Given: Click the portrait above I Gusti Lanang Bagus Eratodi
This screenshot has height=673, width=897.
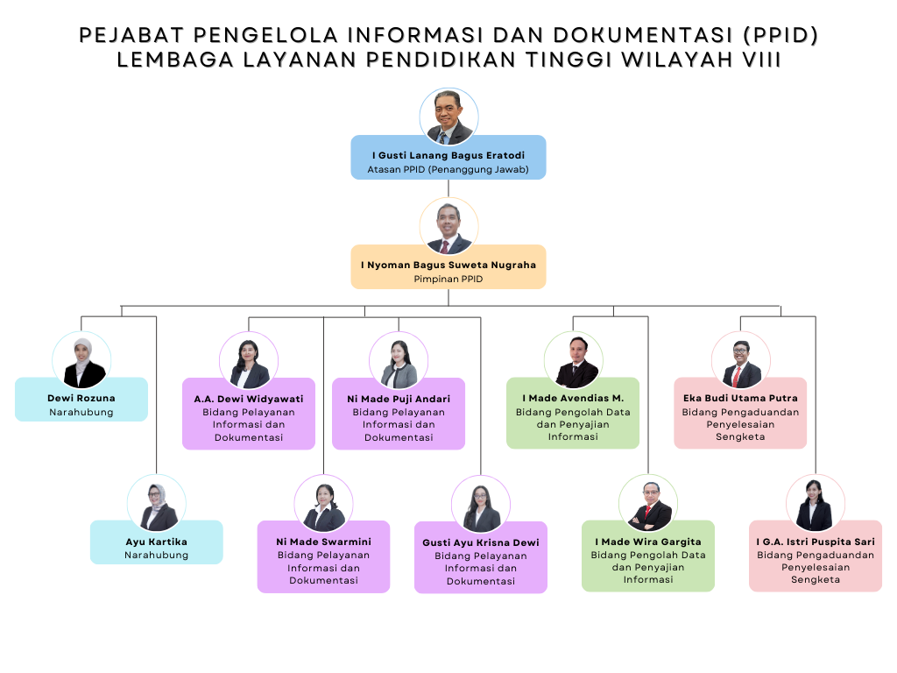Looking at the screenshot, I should (x=448, y=117).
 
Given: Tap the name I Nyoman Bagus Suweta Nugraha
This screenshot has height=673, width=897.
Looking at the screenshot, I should (x=448, y=264).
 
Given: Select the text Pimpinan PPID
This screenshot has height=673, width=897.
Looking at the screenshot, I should (x=448, y=279).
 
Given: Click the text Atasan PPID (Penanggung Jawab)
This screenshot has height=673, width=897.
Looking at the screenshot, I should (x=448, y=169).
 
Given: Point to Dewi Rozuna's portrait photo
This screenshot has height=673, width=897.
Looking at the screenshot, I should (x=81, y=359).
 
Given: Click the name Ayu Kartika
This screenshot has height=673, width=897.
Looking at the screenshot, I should (x=156, y=542).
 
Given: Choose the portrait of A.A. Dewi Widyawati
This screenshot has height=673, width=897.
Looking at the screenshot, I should (x=249, y=360).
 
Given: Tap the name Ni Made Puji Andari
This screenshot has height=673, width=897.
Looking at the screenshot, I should (x=399, y=399).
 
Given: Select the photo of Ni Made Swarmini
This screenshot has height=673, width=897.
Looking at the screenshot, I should (x=323, y=504).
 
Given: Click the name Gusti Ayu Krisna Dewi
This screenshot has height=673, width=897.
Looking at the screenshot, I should (x=481, y=542).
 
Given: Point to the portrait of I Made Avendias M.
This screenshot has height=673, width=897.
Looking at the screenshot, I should (x=574, y=360).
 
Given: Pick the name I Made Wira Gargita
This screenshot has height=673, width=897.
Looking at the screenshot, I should (x=648, y=542).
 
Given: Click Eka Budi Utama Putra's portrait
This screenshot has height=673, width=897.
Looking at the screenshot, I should (x=740, y=360).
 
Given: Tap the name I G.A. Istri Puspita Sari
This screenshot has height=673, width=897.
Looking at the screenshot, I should (x=816, y=542).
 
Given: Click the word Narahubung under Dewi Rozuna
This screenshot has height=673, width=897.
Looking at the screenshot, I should (x=81, y=412).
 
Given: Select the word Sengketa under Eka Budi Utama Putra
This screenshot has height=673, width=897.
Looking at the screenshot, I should (x=740, y=436).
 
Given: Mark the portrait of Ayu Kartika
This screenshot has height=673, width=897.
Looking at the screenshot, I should (x=156, y=504).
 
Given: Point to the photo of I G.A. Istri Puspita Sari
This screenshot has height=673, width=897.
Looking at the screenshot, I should (x=816, y=504).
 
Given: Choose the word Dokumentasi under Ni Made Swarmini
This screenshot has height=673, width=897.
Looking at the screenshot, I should (x=323, y=580).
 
